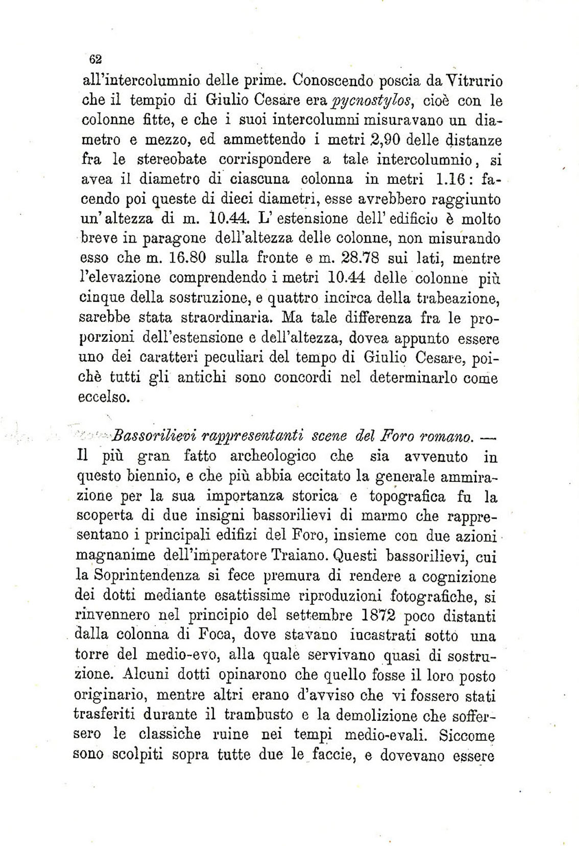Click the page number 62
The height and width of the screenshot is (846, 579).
tap(95, 59)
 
